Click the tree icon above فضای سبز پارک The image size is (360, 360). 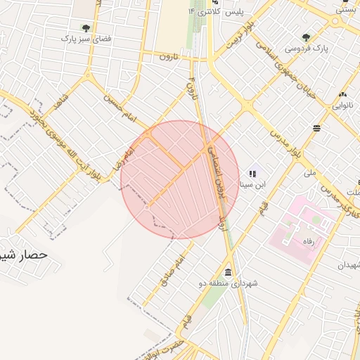[x=86, y=28]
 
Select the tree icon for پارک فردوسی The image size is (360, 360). [x=306, y=37]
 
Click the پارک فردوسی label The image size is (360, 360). [x=307, y=48]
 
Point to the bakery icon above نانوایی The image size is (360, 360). [x=342, y=94]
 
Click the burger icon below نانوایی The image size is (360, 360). [x=317, y=128]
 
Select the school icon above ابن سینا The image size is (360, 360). [x=252, y=173]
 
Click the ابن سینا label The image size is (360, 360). [x=252, y=185]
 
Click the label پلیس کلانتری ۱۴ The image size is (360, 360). [x=218, y=13]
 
